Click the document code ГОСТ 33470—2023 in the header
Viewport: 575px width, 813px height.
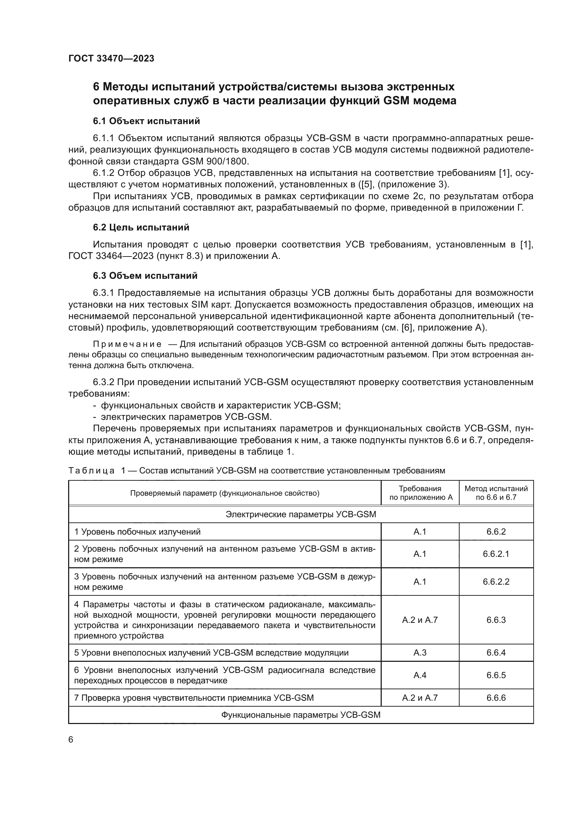pos(111,58)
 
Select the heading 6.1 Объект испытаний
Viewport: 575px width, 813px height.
pos(146,121)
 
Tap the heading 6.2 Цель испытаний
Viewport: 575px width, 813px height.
pos(141,227)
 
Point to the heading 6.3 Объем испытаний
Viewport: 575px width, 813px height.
pos(145,276)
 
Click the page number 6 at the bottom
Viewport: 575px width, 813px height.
pos(71,739)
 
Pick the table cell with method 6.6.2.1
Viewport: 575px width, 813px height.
pos(496,554)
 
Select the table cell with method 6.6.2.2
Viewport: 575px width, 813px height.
pos(496,582)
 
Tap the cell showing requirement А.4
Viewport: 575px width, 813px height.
pos(420,675)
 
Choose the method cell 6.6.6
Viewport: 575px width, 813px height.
pos(496,698)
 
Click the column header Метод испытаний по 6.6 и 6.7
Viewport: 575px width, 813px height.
pos(496,493)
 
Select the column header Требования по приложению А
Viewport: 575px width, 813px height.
pos(420,493)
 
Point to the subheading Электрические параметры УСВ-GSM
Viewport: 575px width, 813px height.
pos(301,514)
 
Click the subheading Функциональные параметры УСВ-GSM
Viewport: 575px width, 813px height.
pos(301,715)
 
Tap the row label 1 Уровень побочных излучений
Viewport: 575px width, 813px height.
pos(137,531)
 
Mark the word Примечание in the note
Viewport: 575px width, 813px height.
pos(127,344)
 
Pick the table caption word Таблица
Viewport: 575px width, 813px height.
pos(91,471)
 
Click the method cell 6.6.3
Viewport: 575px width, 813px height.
pos(496,620)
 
